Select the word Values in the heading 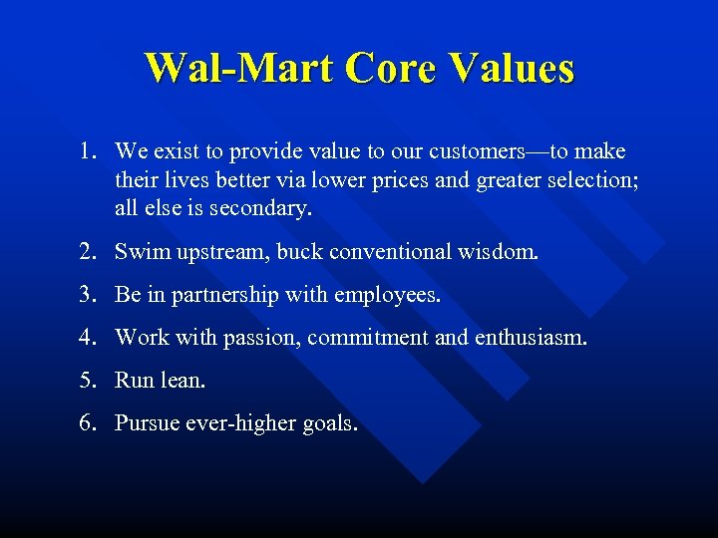[513, 68]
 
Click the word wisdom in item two [500, 252]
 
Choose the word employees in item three [389, 296]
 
